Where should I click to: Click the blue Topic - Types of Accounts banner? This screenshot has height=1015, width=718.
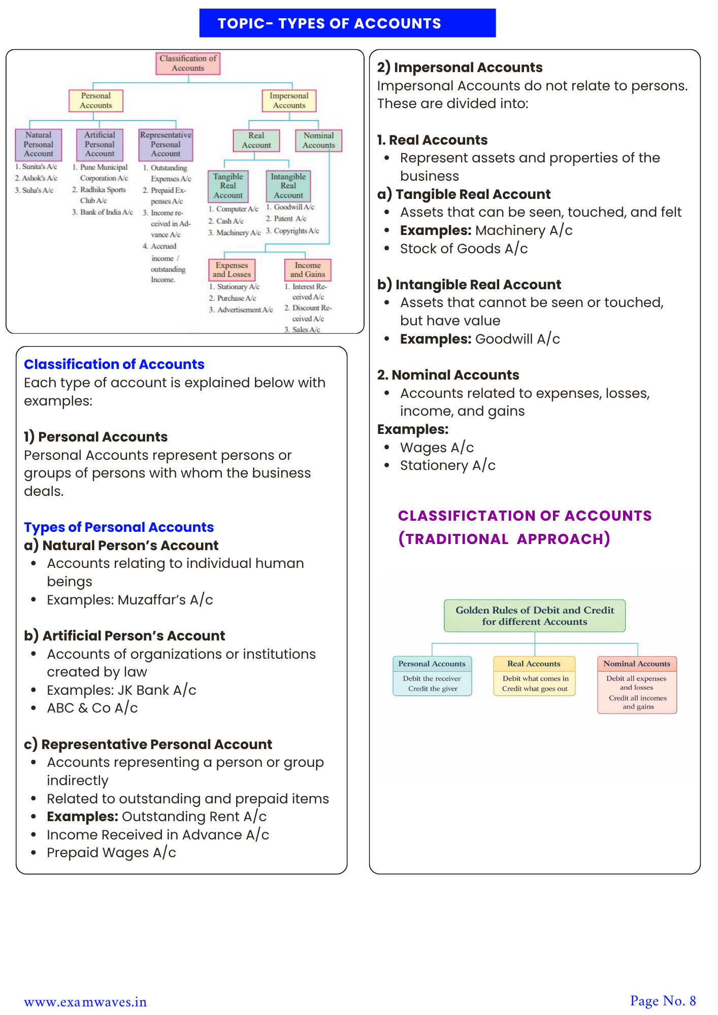347,23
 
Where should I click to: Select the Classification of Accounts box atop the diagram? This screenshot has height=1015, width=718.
188,63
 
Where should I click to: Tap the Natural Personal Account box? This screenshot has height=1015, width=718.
39,145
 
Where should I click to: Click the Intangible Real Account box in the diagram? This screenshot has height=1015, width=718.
288,186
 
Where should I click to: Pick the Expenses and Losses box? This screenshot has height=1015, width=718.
232,270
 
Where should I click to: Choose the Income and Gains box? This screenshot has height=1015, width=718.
308,270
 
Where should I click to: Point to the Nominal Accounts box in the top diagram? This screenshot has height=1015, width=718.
318,141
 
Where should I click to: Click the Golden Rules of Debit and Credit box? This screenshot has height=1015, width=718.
534,616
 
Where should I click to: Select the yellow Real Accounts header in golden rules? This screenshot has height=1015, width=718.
534,664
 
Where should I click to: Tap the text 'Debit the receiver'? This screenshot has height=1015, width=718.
432,679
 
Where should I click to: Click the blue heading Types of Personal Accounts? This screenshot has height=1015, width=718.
119,527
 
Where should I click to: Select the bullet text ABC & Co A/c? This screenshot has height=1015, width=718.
92,708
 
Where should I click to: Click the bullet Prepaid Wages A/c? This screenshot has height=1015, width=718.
111,853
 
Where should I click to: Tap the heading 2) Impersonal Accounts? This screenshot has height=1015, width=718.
460,67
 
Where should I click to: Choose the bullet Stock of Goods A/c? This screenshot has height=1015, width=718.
464,249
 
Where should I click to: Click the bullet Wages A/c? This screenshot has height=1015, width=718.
437,448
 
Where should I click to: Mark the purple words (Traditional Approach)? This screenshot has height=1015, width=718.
504,539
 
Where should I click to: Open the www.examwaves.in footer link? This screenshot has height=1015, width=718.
85,1002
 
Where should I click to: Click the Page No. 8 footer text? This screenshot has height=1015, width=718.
663,1001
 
